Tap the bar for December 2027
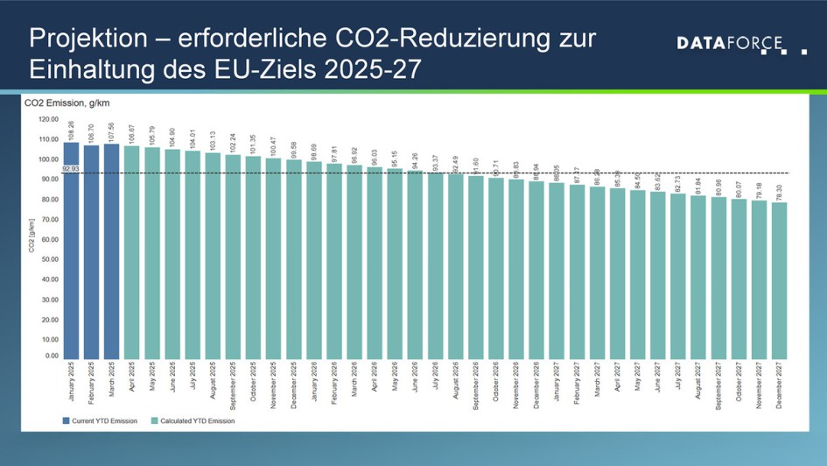tap(780, 280)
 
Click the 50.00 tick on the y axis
tap(49, 258)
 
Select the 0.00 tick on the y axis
tap(51, 357)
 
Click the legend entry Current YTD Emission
tap(102, 420)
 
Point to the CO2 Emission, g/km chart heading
tap(60, 103)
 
